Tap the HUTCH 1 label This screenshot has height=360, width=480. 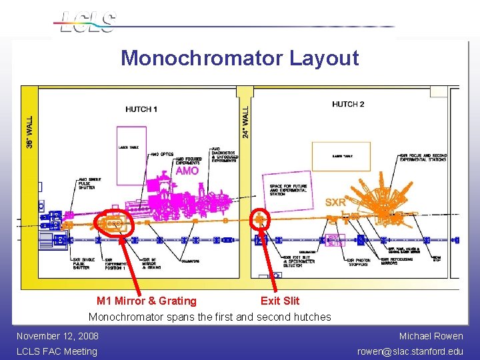coord(142,109)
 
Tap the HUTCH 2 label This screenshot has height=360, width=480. coord(348,104)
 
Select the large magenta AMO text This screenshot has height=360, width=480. coord(187,171)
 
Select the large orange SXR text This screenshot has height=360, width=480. coord(335,202)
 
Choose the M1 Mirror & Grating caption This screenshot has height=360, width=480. coord(147,301)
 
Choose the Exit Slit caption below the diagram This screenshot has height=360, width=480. coord(280,301)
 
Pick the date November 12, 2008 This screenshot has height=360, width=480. coord(57,336)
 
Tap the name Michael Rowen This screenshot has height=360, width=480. coord(431,336)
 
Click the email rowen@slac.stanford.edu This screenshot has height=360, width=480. coord(410,351)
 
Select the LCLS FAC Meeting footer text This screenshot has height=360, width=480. coord(57,351)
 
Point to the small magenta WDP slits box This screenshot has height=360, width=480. coord(335,239)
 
